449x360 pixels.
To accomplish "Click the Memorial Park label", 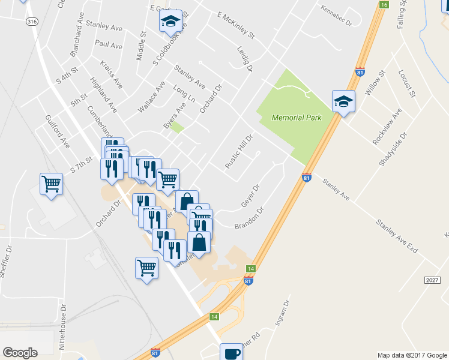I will pos(297,118).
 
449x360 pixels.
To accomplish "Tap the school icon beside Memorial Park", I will pos(343,101).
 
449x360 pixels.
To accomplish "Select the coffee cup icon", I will pos(231,353).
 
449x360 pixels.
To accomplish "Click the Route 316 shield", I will pos(32,21).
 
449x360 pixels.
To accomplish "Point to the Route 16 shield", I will pos(384,5).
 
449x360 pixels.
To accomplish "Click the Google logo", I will pos(20,353).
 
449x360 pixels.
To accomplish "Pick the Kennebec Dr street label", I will pos(336,14).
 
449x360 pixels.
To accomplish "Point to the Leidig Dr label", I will pos(245,60).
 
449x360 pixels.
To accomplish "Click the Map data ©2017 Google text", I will pos(411,355).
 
